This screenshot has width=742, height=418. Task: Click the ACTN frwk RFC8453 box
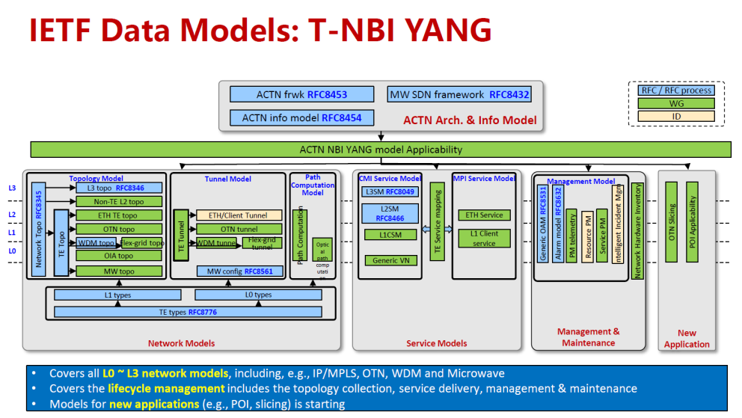coord(301,94)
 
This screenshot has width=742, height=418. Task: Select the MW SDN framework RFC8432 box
coord(459,94)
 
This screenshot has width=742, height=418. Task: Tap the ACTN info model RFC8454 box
coord(301,118)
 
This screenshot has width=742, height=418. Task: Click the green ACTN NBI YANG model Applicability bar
coord(381,149)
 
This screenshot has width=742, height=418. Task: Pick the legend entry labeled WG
coord(676,103)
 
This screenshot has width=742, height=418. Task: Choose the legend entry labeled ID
coord(676,116)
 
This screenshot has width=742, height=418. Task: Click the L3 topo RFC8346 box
coord(119,188)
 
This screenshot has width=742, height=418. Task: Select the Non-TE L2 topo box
coord(119,202)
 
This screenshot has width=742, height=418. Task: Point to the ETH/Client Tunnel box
coord(239,215)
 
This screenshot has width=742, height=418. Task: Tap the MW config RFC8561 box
coord(239,271)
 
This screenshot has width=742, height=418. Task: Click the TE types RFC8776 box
coord(187,312)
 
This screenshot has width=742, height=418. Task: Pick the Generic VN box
coord(390,260)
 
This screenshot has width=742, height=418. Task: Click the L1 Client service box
coord(484,239)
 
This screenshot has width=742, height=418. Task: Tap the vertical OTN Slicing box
coord(672,222)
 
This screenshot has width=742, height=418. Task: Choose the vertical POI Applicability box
coord(692,222)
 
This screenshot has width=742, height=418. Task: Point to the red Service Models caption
coord(437,343)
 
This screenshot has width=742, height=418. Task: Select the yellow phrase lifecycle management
coord(166,389)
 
